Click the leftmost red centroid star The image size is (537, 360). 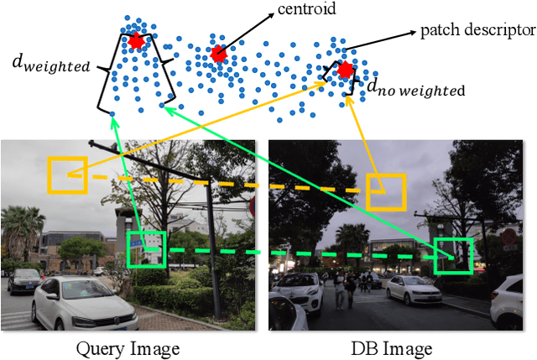click(137, 40)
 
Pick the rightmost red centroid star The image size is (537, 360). click(344, 70)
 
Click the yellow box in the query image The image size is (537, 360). click(67, 175)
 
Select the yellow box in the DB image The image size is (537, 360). click(386, 192)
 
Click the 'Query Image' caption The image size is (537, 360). click(128, 347)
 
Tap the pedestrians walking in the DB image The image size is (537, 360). click(345, 290)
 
